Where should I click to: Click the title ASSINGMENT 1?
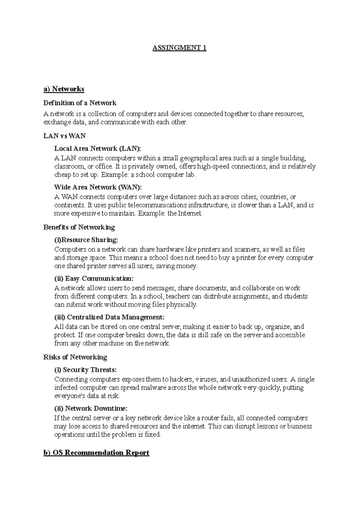point(179,48)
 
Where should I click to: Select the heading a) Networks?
point(64,89)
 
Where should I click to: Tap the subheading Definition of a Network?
point(80,103)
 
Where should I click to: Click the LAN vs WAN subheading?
point(64,136)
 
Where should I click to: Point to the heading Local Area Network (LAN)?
point(97,149)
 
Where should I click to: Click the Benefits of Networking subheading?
point(79,227)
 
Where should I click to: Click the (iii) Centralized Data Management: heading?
point(109,317)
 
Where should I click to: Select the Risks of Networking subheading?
point(75,357)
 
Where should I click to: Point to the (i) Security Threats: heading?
point(85,370)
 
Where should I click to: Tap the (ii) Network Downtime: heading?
point(91,408)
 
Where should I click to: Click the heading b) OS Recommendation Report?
point(96,453)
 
